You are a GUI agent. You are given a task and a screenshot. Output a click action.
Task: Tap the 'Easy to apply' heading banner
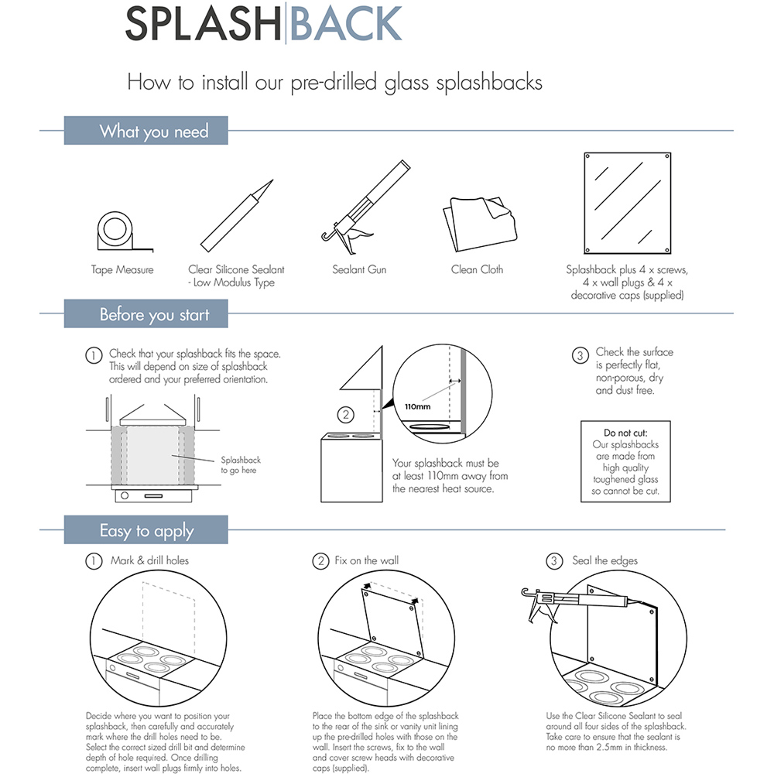click(146, 531)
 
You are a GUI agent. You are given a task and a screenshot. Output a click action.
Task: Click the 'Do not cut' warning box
click(625, 462)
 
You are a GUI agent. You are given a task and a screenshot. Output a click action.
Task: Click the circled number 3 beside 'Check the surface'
click(580, 356)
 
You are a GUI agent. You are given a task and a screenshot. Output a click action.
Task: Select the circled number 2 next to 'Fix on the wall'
click(321, 561)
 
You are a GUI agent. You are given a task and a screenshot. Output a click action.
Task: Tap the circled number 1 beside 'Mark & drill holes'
click(94, 561)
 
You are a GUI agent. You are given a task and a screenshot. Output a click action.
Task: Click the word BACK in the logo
click(345, 24)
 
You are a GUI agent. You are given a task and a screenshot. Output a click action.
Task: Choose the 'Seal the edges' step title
click(604, 560)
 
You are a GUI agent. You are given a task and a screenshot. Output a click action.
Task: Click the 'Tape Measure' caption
click(122, 270)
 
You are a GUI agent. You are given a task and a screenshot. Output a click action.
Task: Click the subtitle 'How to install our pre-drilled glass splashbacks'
click(334, 82)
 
